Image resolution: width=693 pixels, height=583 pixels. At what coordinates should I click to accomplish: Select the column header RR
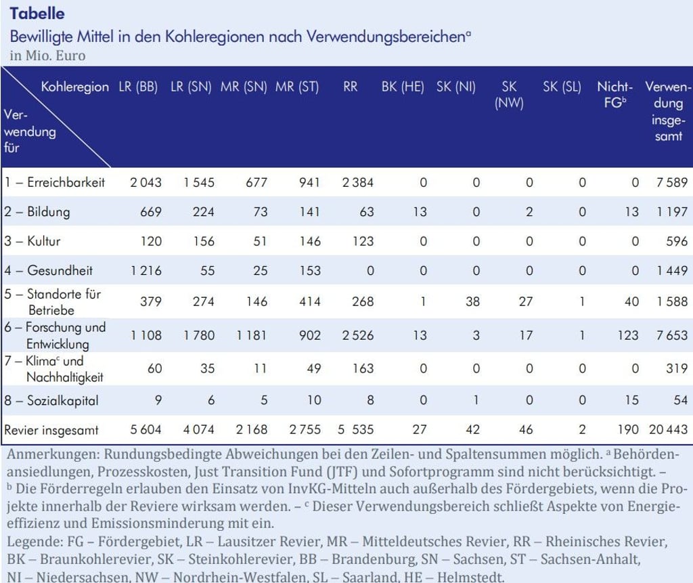click(350, 87)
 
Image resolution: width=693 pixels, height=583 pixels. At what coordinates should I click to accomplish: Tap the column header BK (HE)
click(403, 87)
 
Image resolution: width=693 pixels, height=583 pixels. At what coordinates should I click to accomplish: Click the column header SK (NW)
click(509, 95)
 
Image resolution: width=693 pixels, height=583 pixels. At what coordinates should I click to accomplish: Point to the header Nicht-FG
click(614, 95)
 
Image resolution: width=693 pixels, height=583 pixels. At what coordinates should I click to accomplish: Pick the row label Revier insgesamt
click(51, 430)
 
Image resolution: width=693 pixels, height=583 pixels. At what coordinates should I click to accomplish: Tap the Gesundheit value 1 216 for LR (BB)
click(146, 270)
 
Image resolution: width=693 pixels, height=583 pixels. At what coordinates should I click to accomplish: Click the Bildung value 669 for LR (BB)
click(150, 212)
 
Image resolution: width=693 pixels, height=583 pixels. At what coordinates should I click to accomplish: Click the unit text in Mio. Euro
click(47, 56)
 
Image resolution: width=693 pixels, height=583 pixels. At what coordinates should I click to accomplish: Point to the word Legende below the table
click(35, 542)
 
